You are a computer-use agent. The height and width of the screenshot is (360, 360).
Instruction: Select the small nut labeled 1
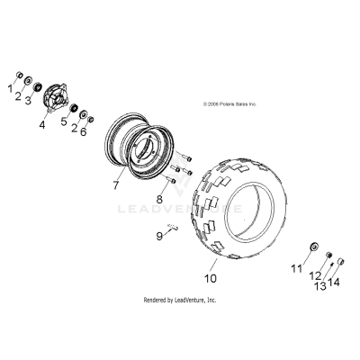[20, 75]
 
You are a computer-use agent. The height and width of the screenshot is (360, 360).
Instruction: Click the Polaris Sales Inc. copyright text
[229, 104]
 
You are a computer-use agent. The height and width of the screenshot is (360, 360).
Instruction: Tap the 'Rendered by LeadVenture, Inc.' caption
[180, 300]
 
